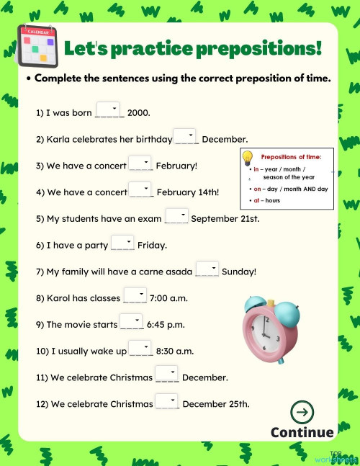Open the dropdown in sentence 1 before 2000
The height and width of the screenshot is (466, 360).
pos(107,110)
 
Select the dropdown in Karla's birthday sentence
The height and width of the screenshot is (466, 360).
pos(185,137)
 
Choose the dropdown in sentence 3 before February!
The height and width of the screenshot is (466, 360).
pos(140,163)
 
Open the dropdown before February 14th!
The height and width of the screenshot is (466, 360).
pos(141,190)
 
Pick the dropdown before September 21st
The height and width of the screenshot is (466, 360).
pos(176,216)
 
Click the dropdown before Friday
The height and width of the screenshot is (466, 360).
pos(122,243)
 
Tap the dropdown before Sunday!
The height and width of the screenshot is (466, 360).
pos(207,269)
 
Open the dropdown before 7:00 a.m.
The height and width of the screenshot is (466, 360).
pos(135,295)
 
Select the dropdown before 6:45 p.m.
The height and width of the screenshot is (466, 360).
pos(131,322)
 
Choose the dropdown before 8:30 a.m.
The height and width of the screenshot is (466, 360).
pos(140,349)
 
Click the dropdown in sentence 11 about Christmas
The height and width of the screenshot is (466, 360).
pos(166,375)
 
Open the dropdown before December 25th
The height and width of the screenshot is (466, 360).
pos(166,402)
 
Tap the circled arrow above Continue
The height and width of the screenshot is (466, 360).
pos(302,413)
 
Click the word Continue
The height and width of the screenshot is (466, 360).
pos(302,432)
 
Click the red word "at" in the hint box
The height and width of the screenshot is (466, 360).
pos(256,200)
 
